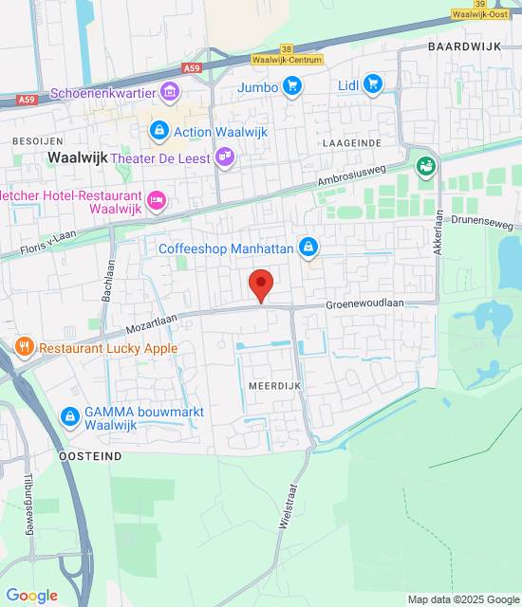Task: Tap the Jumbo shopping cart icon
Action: tap(292, 87)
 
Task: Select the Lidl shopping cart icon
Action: tap(373, 85)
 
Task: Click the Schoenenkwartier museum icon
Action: tap(170, 93)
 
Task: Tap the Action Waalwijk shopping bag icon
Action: tap(158, 131)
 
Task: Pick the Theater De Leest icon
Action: tap(224, 157)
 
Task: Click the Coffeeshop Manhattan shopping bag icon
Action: tap(308, 248)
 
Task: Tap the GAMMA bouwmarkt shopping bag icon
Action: tap(69, 416)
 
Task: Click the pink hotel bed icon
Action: tap(157, 200)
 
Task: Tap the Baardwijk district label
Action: tap(463, 46)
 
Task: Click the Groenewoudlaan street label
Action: tap(365, 303)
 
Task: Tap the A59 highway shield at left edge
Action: tap(28, 99)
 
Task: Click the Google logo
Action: tap(32, 596)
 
